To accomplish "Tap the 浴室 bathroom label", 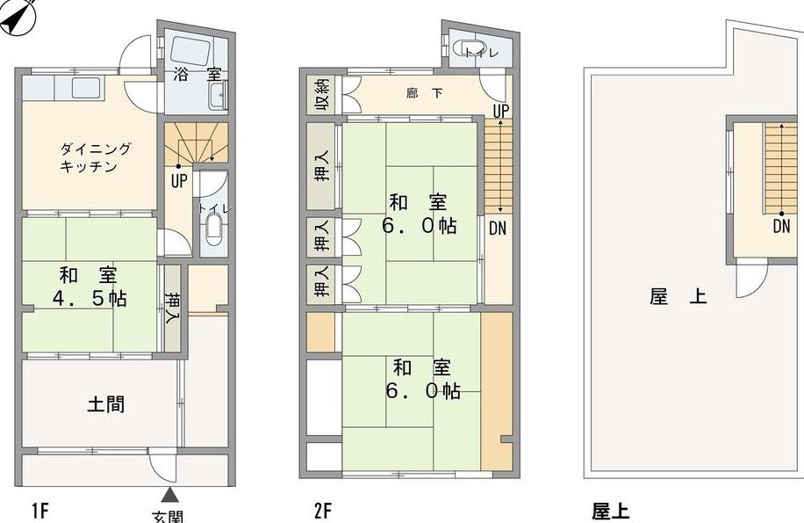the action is [x=197, y=75].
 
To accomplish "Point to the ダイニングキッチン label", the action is [x=96, y=157].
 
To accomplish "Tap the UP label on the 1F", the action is [x=178, y=181].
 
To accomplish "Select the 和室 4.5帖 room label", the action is [x=90, y=287].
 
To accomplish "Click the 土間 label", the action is [x=105, y=404].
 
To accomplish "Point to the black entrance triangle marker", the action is [x=170, y=495].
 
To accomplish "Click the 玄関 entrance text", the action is [x=169, y=516].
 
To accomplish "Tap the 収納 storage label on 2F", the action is [x=322, y=94].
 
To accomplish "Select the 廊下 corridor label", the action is [x=425, y=93].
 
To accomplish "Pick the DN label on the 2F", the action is [x=498, y=229].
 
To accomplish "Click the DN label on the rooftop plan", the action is [x=781, y=227].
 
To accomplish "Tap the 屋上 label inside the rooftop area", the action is [x=678, y=296].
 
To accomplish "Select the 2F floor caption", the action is [x=323, y=512].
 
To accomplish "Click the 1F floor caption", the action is [x=39, y=512].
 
